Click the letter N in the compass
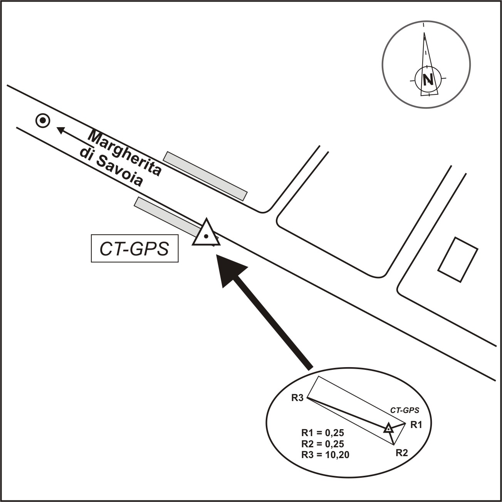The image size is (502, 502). click(x=427, y=80)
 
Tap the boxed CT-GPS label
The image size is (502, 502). click(x=134, y=249)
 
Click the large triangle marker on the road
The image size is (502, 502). click(x=206, y=234)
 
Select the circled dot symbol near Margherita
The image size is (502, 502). click(x=42, y=121)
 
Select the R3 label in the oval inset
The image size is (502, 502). click(x=298, y=398)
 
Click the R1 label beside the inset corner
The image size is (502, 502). click(x=416, y=425)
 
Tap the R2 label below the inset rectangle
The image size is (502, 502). click(x=402, y=453)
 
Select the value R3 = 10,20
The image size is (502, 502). click(x=325, y=455)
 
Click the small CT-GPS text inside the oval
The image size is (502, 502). click(x=405, y=411)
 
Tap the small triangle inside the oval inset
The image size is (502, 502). click(x=389, y=428)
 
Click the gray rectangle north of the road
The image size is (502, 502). click(x=205, y=176)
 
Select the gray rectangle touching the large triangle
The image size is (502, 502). click(x=166, y=214)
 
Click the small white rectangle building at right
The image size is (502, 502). click(x=458, y=260)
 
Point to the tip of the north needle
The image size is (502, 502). click(x=424, y=33)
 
